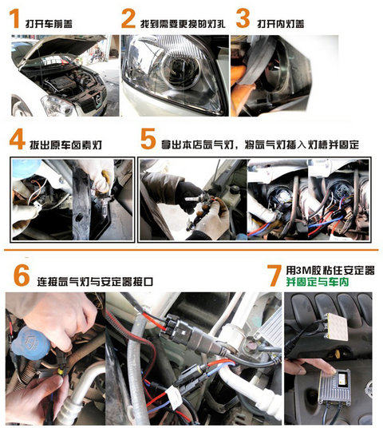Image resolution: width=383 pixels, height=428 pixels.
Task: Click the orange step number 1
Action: coord(14,18)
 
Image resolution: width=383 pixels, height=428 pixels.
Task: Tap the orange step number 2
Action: coord(128,18)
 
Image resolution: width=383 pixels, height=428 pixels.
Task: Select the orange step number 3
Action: coord(243,18)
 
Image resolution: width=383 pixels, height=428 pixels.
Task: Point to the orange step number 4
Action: coord(18,139)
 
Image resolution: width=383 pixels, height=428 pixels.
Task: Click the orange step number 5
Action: coord(148,139)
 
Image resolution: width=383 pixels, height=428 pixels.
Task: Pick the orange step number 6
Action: coord(22,275)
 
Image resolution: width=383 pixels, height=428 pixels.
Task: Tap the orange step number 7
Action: coord(274,275)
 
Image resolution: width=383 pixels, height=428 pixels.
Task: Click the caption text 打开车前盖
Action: coord(49,24)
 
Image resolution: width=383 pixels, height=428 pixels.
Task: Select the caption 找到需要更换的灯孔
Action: coord(183,24)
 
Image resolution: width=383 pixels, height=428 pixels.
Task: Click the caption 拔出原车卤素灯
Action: coord(65,145)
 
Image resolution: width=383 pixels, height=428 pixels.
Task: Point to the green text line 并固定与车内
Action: coord(318,282)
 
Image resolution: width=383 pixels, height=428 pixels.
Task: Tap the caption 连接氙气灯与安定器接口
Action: coord(95,282)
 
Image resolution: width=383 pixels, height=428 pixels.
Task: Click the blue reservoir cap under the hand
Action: coord(30,342)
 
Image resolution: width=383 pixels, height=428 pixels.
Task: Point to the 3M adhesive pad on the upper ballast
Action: coord(338,327)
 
